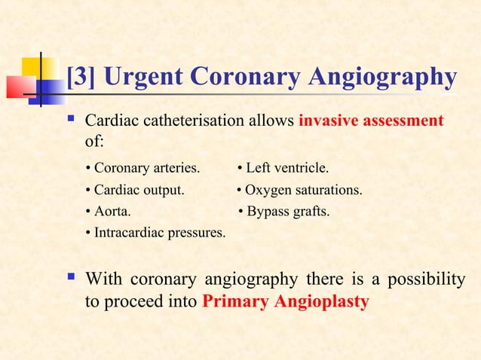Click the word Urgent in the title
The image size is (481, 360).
point(139,78)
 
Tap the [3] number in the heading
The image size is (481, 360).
point(81,78)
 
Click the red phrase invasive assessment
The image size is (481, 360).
point(371,121)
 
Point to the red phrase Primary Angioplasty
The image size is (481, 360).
point(286,302)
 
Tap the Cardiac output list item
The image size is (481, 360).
point(135,190)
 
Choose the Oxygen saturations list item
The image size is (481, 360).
point(299,190)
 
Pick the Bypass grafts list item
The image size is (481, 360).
point(283,212)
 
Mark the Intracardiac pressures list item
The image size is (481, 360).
point(156,233)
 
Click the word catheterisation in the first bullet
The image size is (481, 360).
point(189,121)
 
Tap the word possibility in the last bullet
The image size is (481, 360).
point(424,281)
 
